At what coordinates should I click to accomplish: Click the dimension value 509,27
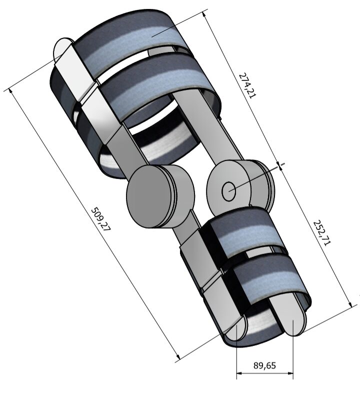(x=101, y=219)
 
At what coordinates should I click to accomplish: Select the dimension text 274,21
(x=248, y=85)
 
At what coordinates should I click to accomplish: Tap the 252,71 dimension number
(x=321, y=232)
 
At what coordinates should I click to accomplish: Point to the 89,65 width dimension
(x=264, y=365)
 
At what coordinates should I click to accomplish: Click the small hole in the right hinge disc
(x=228, y=191)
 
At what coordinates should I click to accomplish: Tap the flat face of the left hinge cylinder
(x=149, y=196)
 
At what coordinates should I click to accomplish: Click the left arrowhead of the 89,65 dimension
(x=239, y=373)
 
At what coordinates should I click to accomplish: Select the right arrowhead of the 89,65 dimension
(x=290, y=373)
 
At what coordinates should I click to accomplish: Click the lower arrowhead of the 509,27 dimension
(x=178, y=356)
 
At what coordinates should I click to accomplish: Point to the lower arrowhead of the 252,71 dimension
(x=350, y=304)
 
